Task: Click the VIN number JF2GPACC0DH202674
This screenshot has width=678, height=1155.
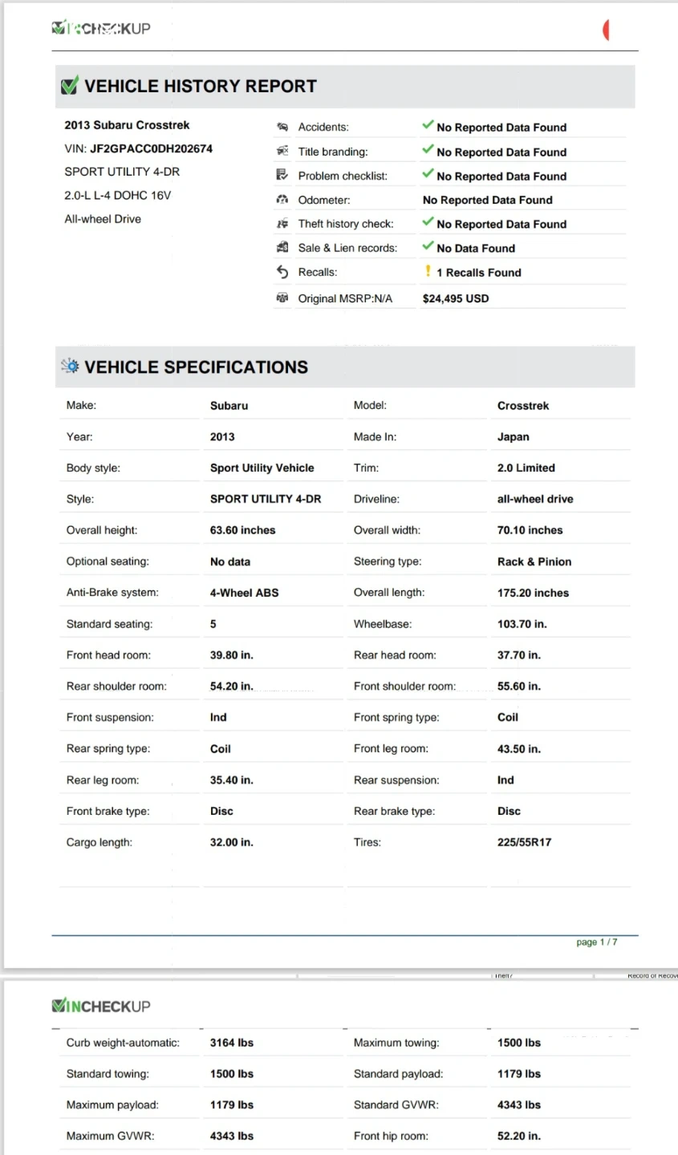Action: tap(151, 148)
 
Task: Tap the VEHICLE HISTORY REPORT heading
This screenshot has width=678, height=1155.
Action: tap(200, 87)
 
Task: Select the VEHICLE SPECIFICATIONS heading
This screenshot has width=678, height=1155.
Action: tap(196, 367)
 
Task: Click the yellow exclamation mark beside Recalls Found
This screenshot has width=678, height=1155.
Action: tap(428, 271)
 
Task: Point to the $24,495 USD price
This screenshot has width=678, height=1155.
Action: tap(455, 298)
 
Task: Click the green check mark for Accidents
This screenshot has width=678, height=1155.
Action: tap(428, 125)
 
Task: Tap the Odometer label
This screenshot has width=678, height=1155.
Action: tap(323, 200)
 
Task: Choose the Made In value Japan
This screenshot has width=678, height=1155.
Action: tap(513, 437)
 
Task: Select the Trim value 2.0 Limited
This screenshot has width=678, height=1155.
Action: tap(526, 468)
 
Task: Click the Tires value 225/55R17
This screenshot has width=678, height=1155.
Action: tap(524, 842)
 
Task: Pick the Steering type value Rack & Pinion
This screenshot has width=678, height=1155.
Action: tap(534, 561)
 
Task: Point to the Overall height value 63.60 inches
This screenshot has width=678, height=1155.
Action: tap(242, 530)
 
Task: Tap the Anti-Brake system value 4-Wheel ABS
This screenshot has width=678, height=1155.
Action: tap(244, 593)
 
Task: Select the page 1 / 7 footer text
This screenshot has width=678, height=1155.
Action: tap(596, 942)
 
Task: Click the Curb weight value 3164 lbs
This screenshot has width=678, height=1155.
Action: tap(231, 1043)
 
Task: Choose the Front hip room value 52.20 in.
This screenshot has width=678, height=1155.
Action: tap(518, 1136)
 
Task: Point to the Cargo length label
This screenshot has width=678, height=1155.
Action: tap(99, 842)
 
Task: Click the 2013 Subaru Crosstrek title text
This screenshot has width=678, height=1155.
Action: tap(127, 125)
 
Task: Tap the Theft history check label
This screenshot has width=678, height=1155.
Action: tap(345, 224)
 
